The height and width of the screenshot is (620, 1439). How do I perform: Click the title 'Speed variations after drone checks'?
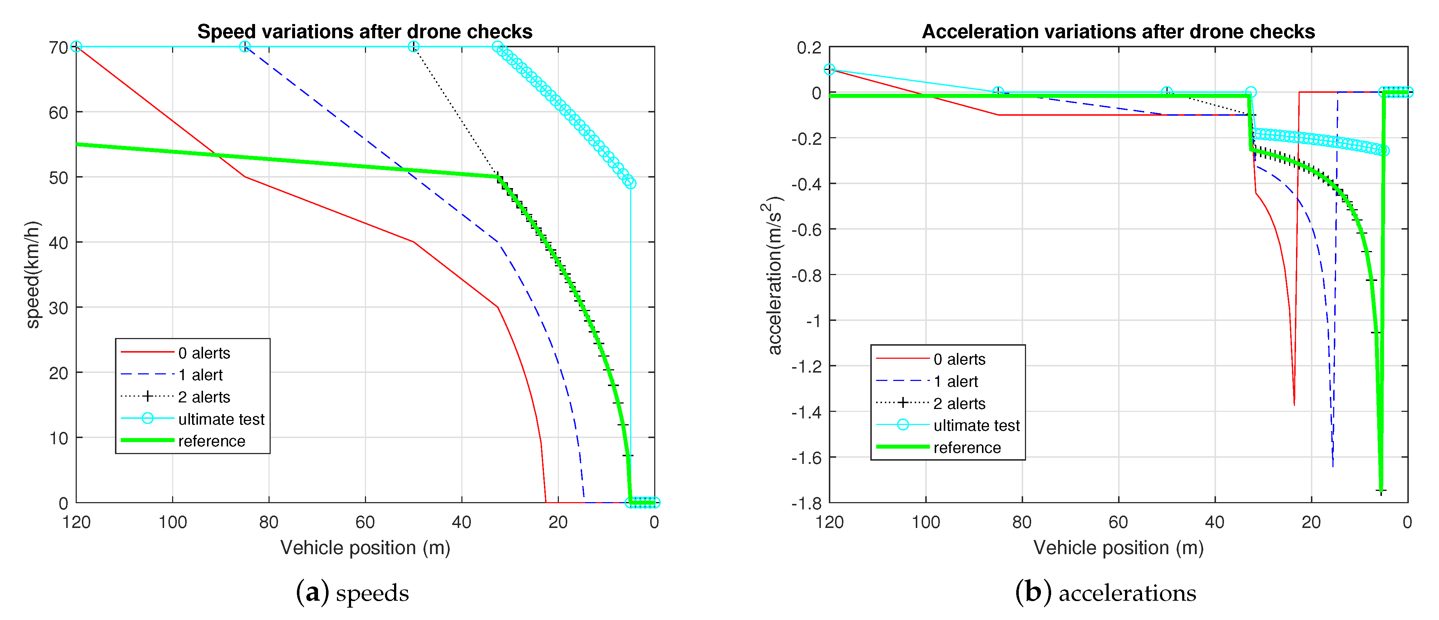[x=365, y=32]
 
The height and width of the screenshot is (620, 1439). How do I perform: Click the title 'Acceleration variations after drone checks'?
[x=1118, y=32]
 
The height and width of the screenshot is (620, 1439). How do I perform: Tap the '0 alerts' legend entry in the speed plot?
[x=204, y=353]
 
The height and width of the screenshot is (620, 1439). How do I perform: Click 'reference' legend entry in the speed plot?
[x=212, y=441]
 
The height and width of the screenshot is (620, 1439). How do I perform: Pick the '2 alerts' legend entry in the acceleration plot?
[x=959, y=403]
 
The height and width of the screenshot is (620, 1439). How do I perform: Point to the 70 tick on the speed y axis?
[x=58, y=47]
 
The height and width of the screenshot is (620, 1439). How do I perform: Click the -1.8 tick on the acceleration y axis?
[x=806, y=503]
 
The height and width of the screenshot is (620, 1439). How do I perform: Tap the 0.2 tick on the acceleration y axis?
[x=808, y=47]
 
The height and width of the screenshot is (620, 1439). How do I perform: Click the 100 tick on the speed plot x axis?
[x=172, y=522]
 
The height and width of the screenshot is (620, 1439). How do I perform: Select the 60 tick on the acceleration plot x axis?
[x=1118, y=522]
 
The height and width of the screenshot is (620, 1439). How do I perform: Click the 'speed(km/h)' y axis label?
[x=32, y=275]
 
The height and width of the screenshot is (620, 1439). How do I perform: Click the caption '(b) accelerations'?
[x=1105, y=593]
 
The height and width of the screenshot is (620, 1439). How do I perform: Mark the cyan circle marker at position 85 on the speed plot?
[x=245, y=46]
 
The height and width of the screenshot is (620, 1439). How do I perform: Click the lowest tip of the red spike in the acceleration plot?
[x=1294, y=404]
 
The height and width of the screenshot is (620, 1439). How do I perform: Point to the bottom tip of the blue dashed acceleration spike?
[x=1332, y=466]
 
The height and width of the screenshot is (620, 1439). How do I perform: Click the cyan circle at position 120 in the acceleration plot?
[x=830, y=69]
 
